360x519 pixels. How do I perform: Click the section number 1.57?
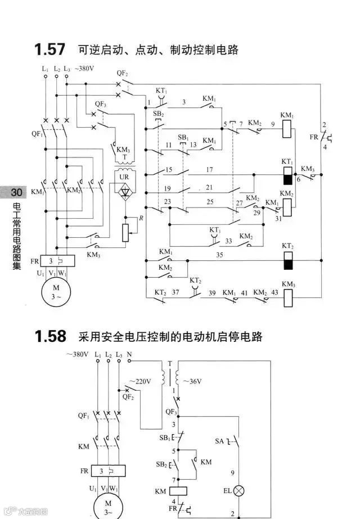(x=49, y=49)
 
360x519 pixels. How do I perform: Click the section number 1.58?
(x=49, y=337)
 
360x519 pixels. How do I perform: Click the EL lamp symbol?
(x=240, y=491)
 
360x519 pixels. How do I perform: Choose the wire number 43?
(x=274, y=293)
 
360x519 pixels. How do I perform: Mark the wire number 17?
(x=209, y=169)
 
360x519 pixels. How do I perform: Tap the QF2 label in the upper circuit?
(x=122, y=74)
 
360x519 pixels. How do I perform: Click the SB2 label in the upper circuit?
(x=158, y=114)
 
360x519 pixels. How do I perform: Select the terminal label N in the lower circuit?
(x=129, y=355)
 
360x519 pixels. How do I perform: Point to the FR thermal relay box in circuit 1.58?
(x=101, y=471)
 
